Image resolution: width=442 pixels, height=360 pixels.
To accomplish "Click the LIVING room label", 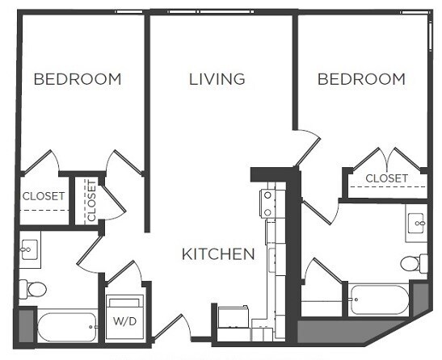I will tap(217, 79).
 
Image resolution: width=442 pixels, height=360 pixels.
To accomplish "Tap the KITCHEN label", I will tap(217, 254).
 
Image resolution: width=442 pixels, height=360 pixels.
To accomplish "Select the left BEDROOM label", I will tap(78, 79).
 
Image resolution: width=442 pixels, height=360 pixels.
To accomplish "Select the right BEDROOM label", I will tap(361, 79).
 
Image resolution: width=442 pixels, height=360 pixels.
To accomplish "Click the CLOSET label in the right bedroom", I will tap(386, 178).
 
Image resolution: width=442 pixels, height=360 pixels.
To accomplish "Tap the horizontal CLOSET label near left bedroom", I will tap(43, 195).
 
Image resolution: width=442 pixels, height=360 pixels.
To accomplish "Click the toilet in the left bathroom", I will tap(33, 288).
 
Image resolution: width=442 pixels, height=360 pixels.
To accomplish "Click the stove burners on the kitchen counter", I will tap(267, 203).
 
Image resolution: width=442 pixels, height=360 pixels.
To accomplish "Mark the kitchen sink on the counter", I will tap(272, 260).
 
